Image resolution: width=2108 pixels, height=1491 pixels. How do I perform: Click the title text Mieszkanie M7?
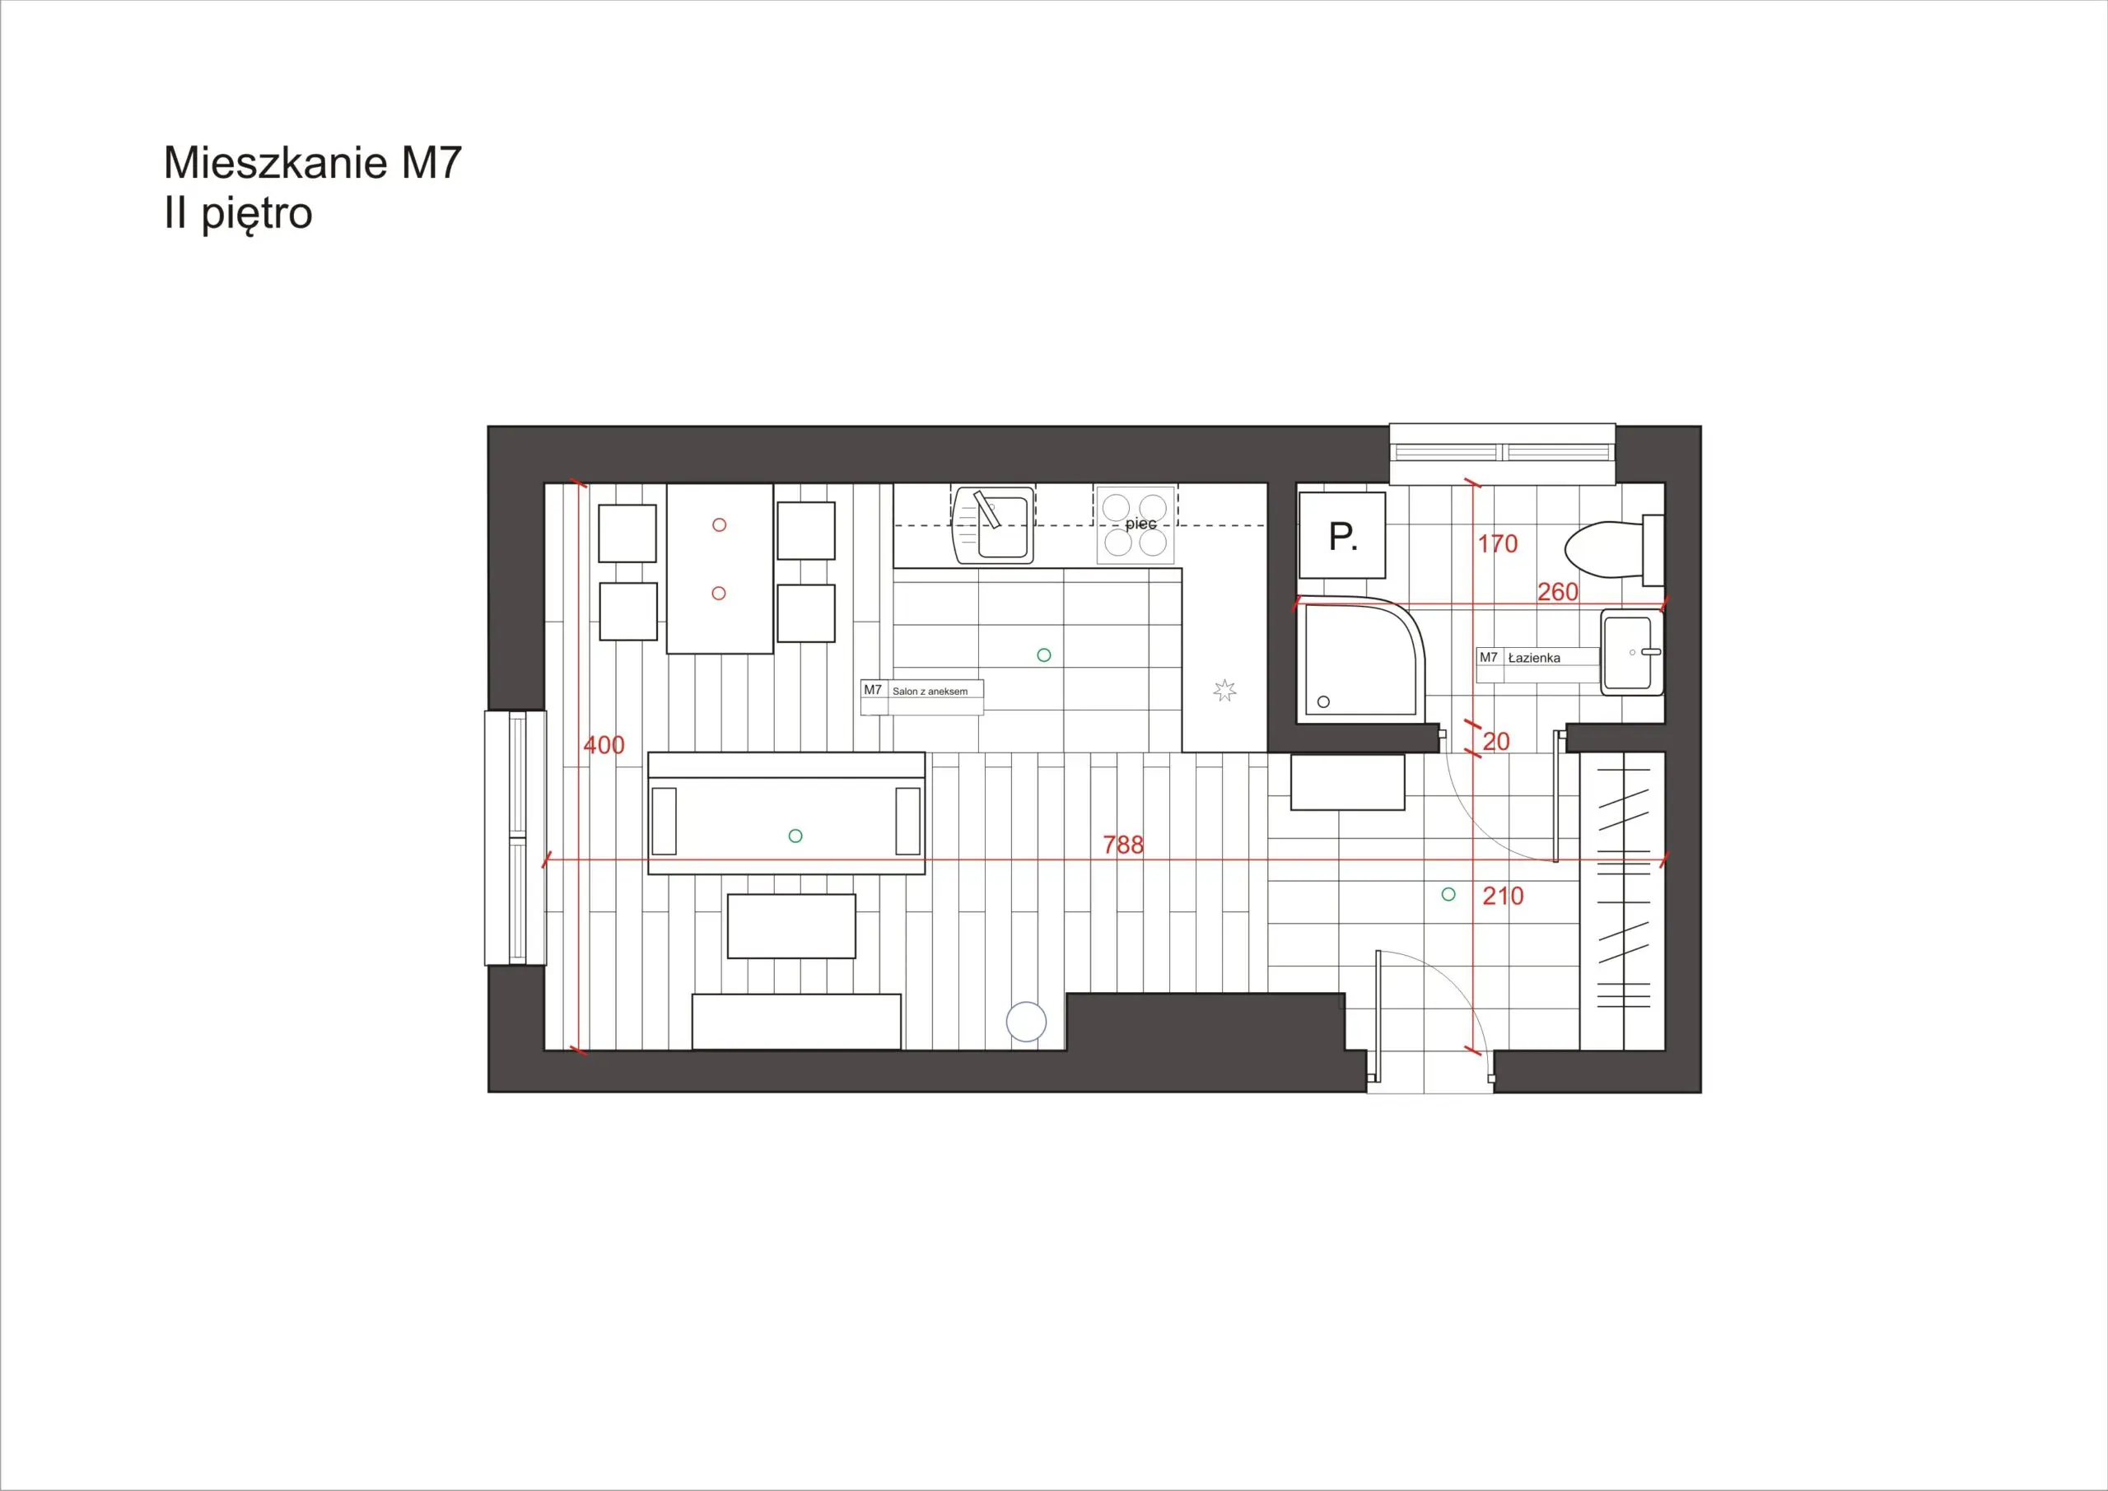(312, 162)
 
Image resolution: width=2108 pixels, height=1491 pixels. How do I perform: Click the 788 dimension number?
(1123, 845)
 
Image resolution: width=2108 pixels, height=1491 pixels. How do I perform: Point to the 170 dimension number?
(1498, 544)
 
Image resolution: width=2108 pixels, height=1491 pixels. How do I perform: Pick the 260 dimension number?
(1558, 592)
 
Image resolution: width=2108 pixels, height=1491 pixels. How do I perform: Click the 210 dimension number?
(1503, 896)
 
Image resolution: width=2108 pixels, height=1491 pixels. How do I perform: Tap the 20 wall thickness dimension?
(1495, 742)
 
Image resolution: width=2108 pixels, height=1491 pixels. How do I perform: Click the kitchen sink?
(995, 525)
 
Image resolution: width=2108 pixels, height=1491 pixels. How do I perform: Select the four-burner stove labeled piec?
(1136, 524)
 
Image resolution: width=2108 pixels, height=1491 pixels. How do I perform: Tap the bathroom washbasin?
(1632, 652)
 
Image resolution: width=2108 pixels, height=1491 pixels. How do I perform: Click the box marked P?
(1342, 535)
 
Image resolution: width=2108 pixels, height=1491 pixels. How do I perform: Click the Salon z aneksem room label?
(930, 692)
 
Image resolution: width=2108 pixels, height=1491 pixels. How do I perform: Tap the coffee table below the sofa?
(791, 926)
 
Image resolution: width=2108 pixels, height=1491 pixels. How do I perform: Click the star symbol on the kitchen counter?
(1224, 691)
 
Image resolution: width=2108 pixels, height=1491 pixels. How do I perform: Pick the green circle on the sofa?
(796, 836)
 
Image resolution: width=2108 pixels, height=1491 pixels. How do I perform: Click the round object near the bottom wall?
(1027, 1023)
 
